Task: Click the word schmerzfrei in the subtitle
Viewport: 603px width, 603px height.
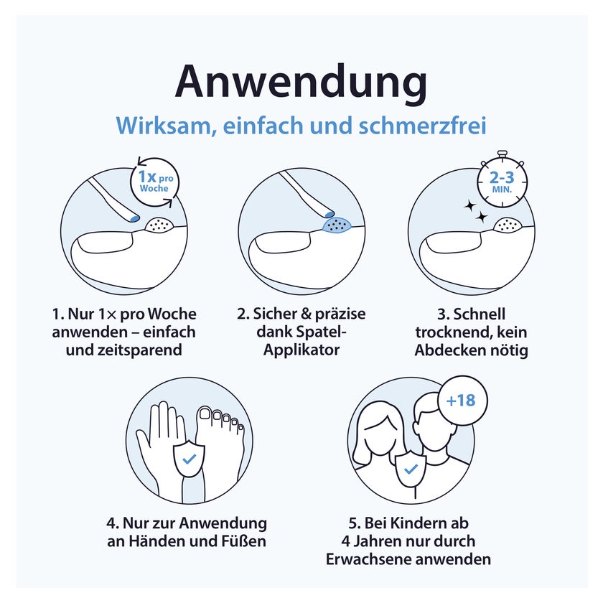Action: click(423, 126)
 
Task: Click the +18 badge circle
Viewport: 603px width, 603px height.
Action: click(462, 401)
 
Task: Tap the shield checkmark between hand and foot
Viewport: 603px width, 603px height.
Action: click(189, 459)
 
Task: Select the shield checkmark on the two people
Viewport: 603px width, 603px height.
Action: click(411, 468)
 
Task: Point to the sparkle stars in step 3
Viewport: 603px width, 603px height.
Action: click(475, 212)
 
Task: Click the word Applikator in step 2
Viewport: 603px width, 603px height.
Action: click(301, 350)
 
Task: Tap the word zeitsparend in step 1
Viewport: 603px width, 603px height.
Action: click(123, 350)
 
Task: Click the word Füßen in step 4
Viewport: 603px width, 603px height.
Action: click(244, 541)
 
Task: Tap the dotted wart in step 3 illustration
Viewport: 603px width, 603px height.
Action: click(508, 224)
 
